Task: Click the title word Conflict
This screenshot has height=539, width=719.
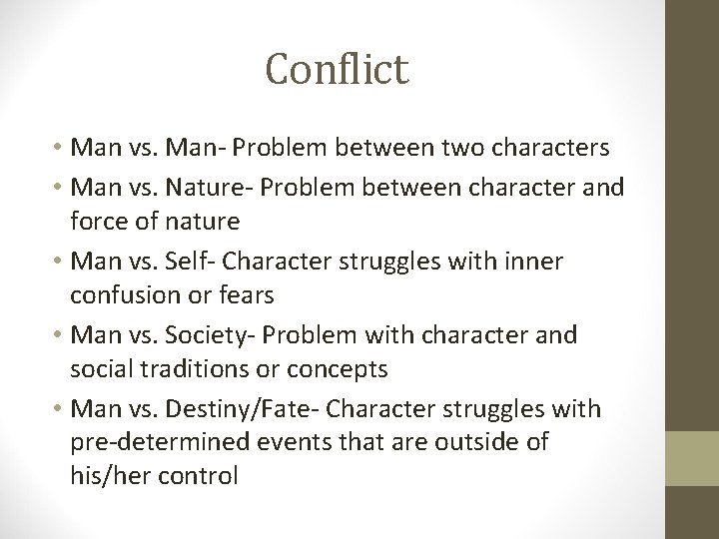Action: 338,69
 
